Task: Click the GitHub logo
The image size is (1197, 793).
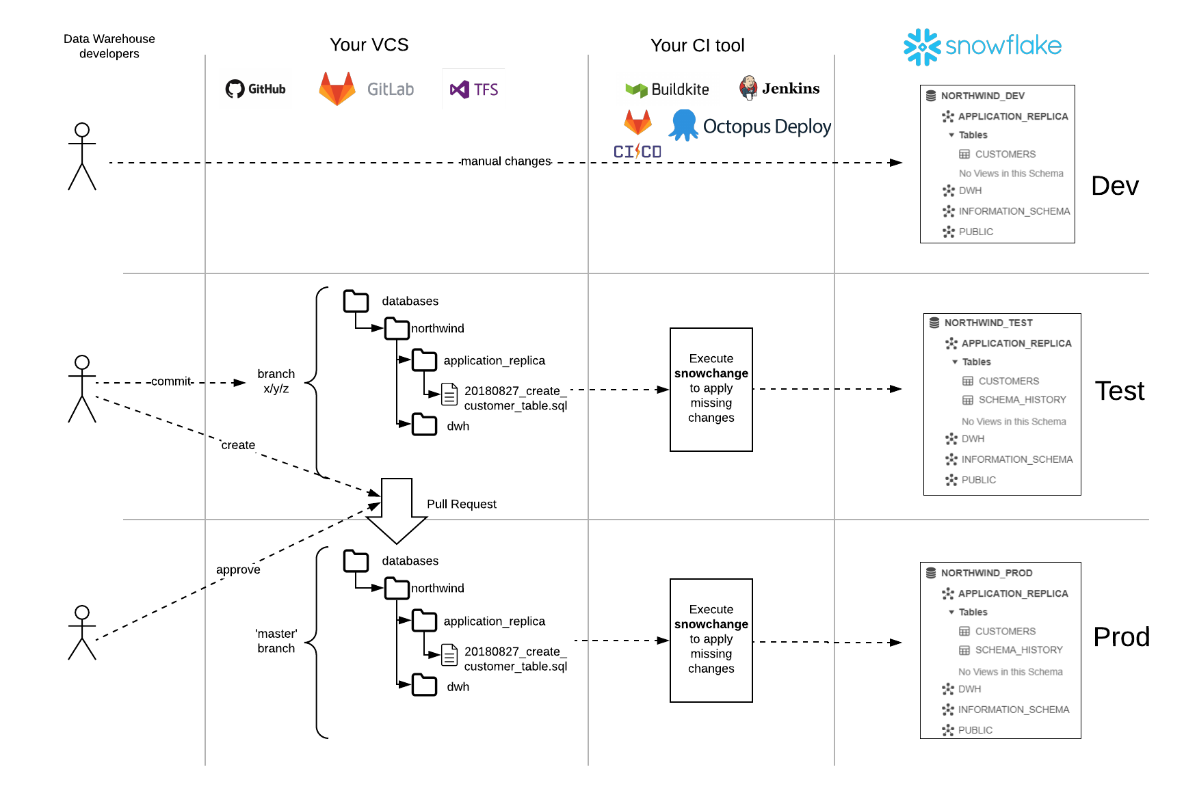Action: [256, 89]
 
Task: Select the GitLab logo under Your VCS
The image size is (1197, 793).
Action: [367, 89]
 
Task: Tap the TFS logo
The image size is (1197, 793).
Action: [474, 90]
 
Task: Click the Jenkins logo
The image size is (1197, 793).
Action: [779, 88]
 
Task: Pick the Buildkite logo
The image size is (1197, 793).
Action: [667, 90]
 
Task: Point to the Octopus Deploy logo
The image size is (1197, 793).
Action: [750, 126]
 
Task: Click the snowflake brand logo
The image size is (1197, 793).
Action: [982, 46]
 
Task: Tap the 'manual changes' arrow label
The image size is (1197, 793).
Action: [505, 161]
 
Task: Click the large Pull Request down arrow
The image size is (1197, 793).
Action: [397, 510]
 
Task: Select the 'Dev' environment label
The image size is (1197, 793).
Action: [1114, 186]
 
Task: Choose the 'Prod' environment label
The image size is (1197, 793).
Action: [1121, 637]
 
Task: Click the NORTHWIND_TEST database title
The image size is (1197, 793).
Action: [988, 323]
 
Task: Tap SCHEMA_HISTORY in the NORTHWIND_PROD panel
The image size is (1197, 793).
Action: [1018, 650]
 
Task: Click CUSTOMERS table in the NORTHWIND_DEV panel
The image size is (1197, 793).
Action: [1005, 154]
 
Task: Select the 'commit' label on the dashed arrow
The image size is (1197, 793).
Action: [171, 381]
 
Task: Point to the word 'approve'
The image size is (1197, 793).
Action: [238, 569]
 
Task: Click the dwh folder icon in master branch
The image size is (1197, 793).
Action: [424, 685]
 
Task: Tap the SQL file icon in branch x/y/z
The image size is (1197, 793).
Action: [449, 394]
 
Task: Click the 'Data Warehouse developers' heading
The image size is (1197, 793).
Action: [109, 46]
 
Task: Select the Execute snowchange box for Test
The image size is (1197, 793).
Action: [711, 389]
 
